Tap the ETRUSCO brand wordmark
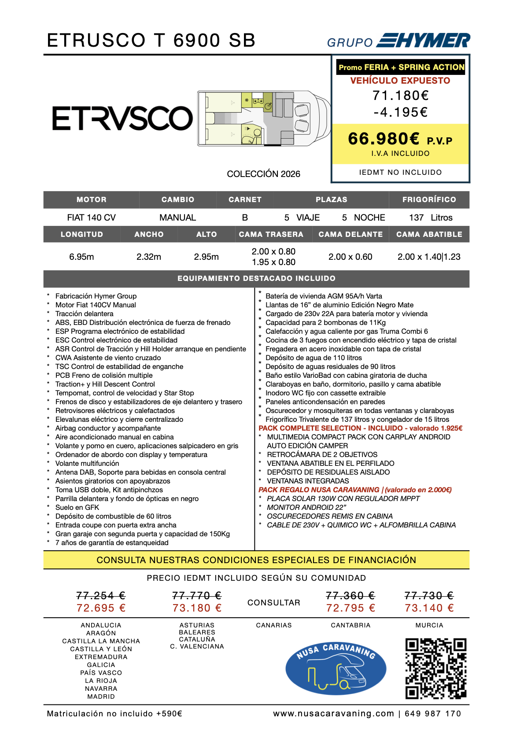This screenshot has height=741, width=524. (122, 118)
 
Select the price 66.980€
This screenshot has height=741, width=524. (384, 139)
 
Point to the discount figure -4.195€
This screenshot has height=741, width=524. (400, 112)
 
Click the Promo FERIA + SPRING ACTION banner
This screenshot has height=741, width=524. (401, 67)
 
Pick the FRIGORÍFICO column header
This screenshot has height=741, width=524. (429, 199)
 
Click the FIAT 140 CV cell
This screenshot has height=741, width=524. (91, 218)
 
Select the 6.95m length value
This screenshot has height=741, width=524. (81, 257)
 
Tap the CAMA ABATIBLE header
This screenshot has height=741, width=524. (429, 234)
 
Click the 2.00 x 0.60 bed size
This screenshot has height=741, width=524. (350, 257)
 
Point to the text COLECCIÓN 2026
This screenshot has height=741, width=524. (263, 174)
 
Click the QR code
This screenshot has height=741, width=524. (435, 668)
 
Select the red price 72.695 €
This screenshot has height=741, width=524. (101, 608)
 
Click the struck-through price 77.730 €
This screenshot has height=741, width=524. (429, 596)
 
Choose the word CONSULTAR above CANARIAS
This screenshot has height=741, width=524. (273, 602)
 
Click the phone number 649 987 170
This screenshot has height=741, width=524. (432, 714)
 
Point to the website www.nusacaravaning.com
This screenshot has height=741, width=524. (333, 714)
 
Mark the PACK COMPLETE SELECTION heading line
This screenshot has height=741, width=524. (360, 428)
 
